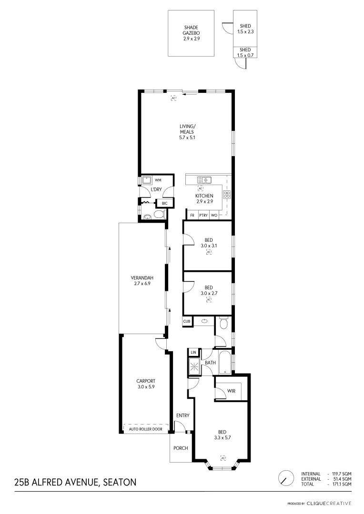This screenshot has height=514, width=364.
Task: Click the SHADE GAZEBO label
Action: (x=191, y=33)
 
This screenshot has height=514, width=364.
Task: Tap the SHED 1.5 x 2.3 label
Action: (x=245, y=29)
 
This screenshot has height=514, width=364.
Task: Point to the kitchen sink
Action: (x=205, y=180)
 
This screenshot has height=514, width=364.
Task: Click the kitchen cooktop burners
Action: (x=226, y=194)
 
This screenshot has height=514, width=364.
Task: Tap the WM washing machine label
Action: (x=158, y=180)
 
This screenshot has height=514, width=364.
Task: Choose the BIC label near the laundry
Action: (x=164, y=204)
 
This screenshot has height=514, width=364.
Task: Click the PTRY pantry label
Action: (x=203, y=216)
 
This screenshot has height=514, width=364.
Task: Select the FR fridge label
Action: (x=192, y=216)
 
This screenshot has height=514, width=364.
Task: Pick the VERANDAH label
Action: (x=142, y=281)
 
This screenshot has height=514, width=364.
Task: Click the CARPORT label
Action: (x=146, y=384)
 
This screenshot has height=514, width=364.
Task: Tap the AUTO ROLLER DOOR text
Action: (x=146, y=429)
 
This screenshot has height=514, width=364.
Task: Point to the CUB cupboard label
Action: (x=187, y=322)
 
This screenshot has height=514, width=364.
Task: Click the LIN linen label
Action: (x=193, y=352)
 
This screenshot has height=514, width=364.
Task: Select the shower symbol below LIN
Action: (x=194, y=366)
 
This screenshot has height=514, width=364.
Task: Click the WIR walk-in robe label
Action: (x=231, y=391)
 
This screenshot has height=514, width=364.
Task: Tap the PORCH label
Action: (x=181, y=448)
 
